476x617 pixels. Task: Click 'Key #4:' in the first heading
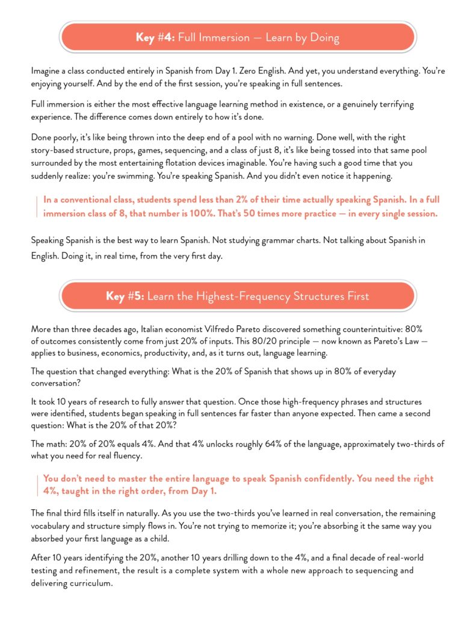point(155,38)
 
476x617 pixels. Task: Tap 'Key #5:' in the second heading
point(125,296)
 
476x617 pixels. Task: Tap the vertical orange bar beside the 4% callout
point(37,484)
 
